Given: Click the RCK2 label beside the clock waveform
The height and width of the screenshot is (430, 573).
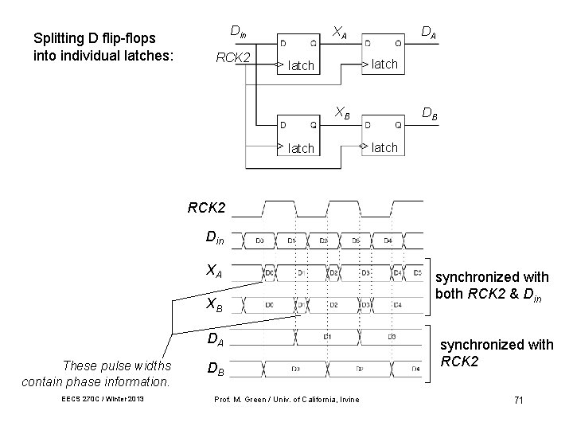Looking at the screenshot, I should [x=206, y=209].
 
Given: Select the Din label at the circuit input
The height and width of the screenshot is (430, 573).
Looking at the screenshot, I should [x=237, y=32].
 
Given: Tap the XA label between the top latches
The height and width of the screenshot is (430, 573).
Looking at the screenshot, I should [x=339, y=32].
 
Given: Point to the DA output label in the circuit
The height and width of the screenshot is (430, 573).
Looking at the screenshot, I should [x=428, y=32].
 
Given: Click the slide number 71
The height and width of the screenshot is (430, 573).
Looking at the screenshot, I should [x=518, y=399].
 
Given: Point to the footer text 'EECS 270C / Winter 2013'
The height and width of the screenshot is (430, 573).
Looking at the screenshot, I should [x=101, y=399].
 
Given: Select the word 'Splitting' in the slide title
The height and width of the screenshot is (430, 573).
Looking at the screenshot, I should [x=57, y=37].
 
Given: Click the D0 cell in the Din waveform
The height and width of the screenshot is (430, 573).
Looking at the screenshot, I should [x=260, y=240].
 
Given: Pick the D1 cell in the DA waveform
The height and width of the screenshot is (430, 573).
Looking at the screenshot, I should [x=327, y=338].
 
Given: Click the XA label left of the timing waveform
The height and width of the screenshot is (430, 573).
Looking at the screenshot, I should [x=214, y=271].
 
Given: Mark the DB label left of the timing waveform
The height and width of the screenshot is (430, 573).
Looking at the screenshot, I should [x=214, y=369].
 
